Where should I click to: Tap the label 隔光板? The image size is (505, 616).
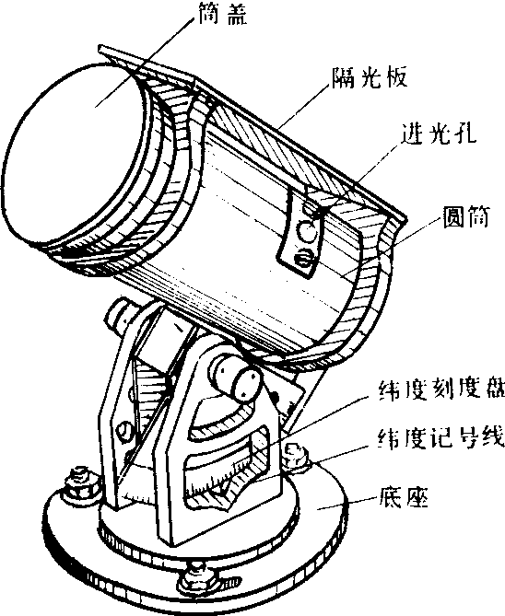[369, 77]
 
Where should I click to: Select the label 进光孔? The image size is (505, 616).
[438, 134]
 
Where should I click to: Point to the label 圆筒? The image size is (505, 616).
[465, 216]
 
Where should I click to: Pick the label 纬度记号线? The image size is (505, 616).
[441, 436]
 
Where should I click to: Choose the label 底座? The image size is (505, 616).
[404, 497]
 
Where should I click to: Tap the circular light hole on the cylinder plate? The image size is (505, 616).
[307, 231]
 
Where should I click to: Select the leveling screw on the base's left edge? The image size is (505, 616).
[80, 484]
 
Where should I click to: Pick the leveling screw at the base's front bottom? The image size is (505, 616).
[195, 575]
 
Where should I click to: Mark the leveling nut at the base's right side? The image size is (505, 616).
[296, 456]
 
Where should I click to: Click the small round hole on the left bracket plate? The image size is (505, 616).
[124, 429]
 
